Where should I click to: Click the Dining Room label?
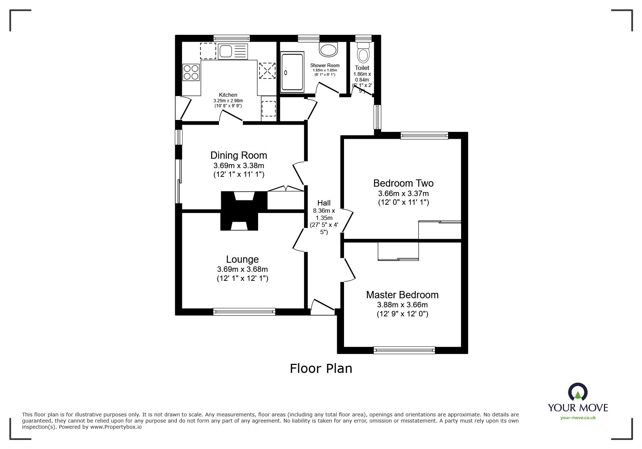(239, 155)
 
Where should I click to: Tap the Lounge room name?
(242, 259)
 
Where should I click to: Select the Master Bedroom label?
(402, 295)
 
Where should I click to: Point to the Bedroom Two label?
(403, 183)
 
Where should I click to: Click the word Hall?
(324, 203)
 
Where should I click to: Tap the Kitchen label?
(228, 95)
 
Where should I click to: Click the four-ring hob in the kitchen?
(191, 72)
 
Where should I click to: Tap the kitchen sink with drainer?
(233, 51)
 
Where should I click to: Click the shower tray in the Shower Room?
(292, 72)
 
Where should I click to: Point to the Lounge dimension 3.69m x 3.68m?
(242, 269)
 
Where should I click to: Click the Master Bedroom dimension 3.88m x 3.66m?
(402, 305)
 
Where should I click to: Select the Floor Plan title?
(321, 369)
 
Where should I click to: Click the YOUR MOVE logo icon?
(577, 392)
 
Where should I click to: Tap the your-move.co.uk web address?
(578, 418)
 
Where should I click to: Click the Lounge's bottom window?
(244, 311)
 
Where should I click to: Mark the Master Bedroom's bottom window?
(404, 350)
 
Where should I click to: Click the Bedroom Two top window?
(424, 136)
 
